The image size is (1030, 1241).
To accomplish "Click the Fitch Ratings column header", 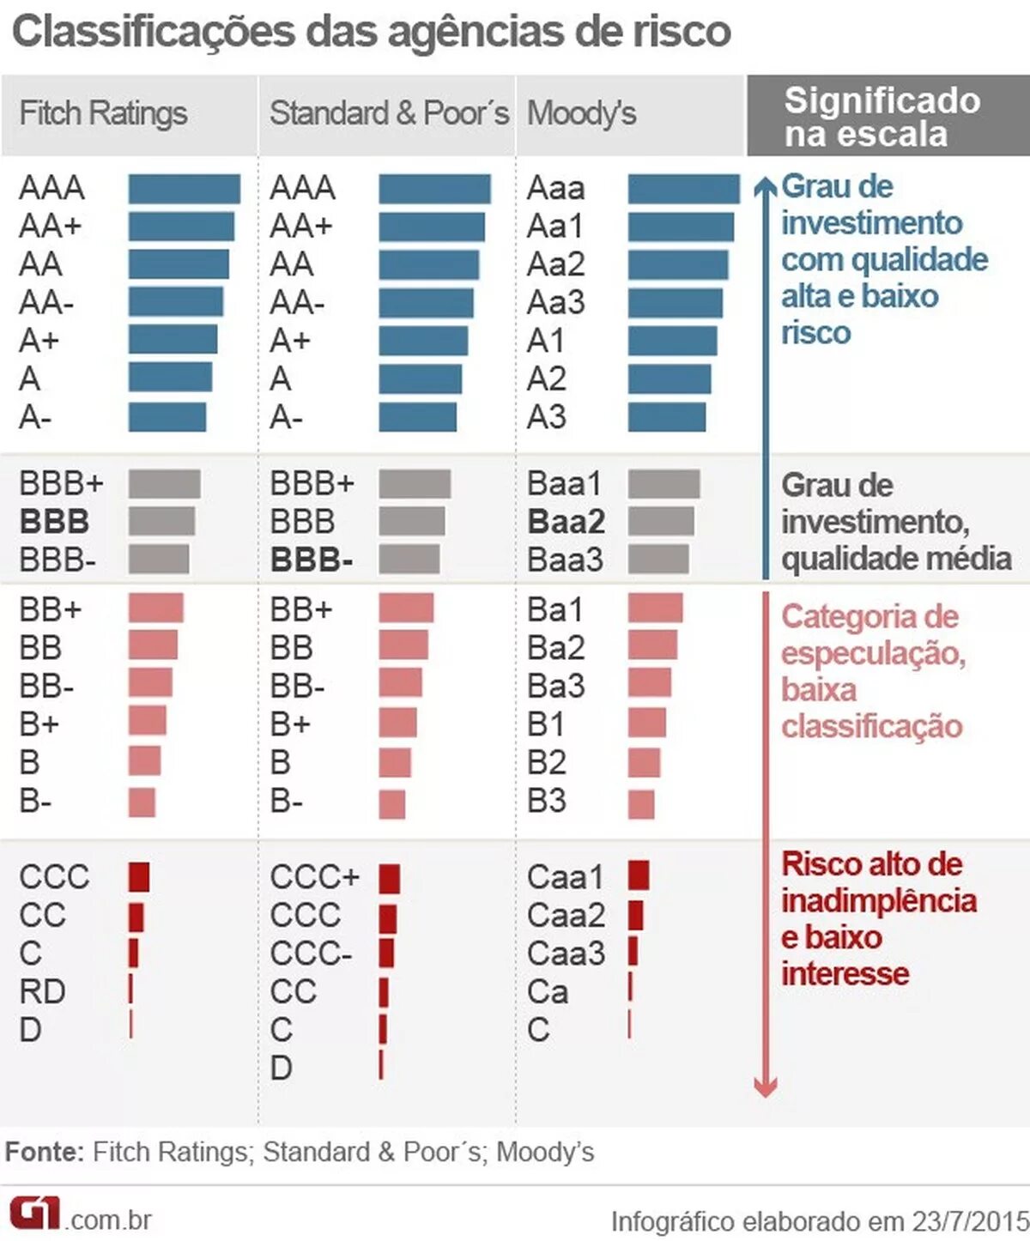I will [103, 113].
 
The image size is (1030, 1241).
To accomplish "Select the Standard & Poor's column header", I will [389, 113].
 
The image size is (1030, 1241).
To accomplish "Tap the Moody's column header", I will [581, 113].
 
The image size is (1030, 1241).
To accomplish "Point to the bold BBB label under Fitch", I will [54, 522].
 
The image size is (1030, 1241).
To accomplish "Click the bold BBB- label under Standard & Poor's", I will [311, 560].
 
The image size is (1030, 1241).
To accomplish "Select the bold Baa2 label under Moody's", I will [566, 522].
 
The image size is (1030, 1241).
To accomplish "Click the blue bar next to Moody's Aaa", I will [683, 189].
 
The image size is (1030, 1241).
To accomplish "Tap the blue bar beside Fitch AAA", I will [184, 189].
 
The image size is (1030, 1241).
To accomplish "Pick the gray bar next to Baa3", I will [658, 560].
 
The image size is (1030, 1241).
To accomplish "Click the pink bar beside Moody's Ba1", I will [655, 608].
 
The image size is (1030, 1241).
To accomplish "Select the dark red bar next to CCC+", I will [389, 878].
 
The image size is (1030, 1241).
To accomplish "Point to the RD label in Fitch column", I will [42, 992].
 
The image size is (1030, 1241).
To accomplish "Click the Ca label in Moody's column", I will [548, 992].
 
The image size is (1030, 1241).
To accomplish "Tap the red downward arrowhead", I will [765, 1087].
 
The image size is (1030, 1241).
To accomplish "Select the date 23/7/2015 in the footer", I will [969, 1220].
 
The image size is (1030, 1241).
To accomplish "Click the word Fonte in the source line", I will [44, 1152].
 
